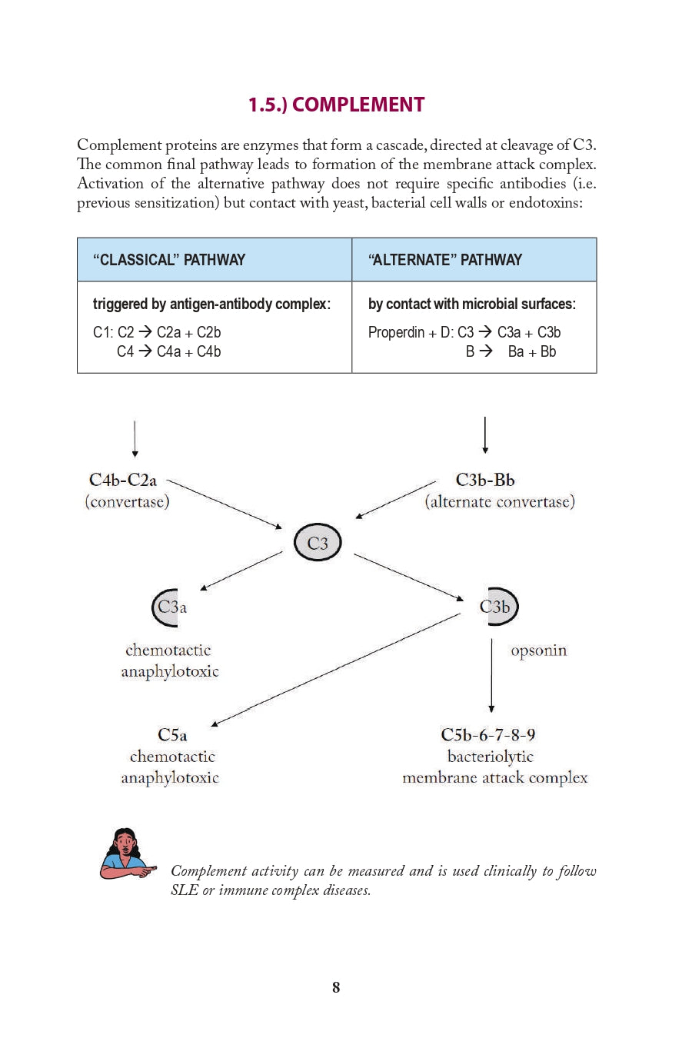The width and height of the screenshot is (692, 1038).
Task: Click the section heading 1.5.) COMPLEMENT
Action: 336,105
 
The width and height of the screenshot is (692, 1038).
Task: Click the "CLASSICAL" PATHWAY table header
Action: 169,260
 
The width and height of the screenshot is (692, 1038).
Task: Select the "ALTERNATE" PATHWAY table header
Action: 445,260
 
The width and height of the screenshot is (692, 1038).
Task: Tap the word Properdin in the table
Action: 396,332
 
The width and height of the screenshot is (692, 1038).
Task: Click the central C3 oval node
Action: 318,543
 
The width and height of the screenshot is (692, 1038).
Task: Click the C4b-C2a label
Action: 123,481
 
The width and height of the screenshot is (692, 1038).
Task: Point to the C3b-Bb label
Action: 485,480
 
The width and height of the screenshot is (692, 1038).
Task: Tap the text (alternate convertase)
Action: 500,502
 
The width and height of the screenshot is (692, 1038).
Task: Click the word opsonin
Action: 539,650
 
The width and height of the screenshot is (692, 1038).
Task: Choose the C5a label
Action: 172,735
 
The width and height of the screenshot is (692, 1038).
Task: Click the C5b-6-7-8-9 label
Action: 488,735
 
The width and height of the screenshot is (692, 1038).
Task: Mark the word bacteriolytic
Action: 491,757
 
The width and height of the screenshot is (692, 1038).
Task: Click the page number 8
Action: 336,987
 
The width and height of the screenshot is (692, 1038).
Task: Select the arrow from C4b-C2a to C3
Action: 225,504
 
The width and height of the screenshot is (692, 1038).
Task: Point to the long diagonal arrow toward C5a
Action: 336,669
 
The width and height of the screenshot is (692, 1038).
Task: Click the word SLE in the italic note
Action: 184,890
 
